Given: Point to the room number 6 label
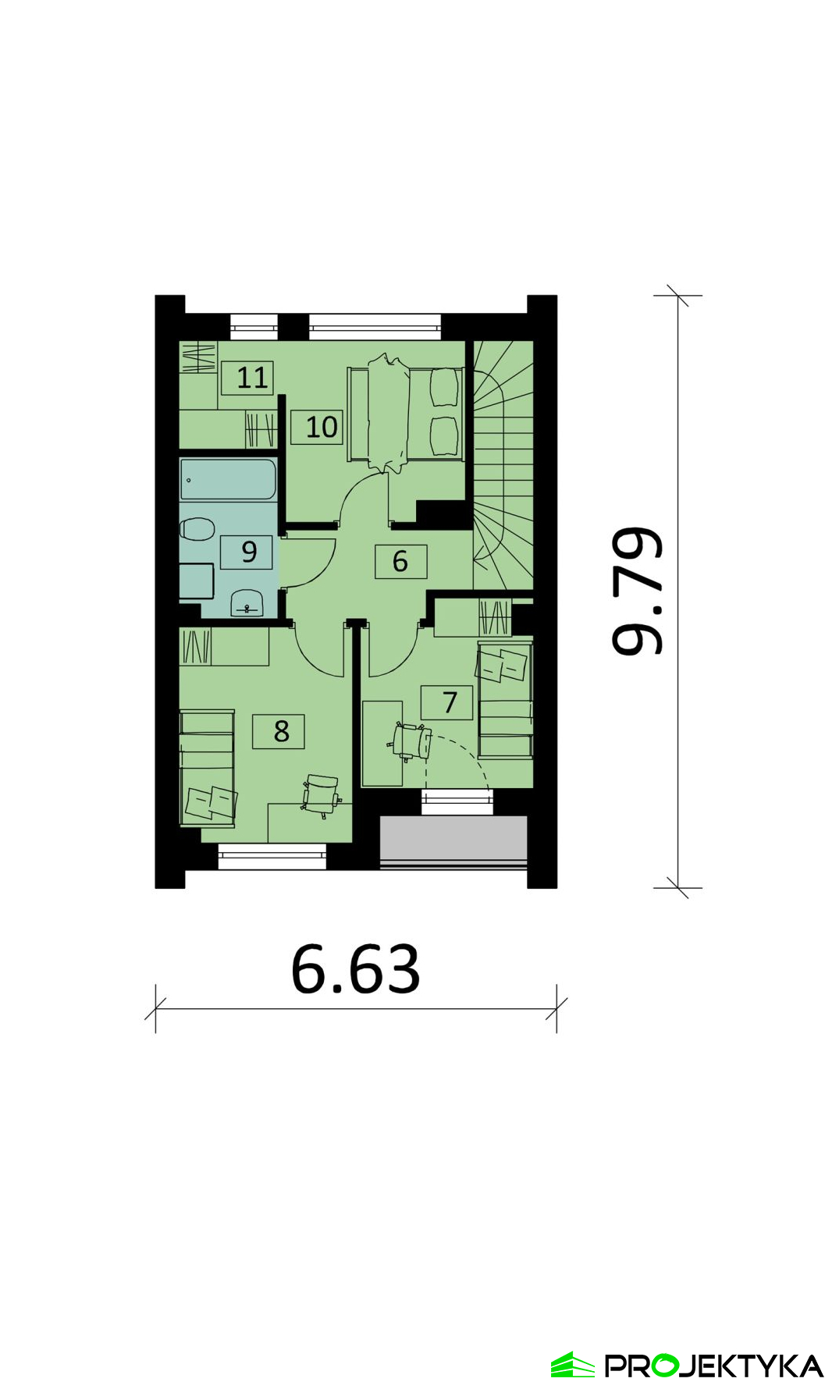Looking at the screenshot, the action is coord(400,561).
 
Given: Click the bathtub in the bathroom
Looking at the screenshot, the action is coord(228,479).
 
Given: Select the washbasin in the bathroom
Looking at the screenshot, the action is coord(247,602).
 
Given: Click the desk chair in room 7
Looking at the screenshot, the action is coord(411,741).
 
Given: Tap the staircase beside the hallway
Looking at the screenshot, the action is coord(503,465).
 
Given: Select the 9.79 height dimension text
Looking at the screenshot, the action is coord(637,591).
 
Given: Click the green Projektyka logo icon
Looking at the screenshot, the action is coord(573,1365).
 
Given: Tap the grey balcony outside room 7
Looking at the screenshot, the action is coord(453,840).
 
